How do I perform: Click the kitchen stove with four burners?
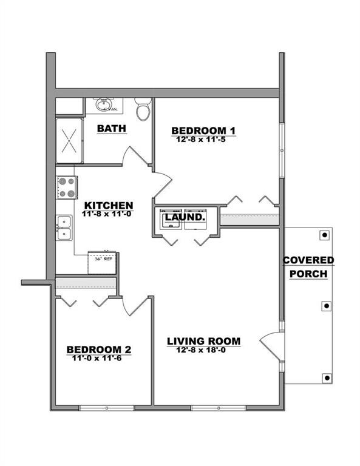click(66, 187)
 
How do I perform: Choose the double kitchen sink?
click(64, 228)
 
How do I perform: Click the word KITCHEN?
click(109, 205)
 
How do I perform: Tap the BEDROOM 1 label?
click(203, 130)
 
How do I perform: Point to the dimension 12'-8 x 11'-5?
click(203, 140)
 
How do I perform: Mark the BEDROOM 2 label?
click(99, 349)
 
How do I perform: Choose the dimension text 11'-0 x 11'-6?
click(99, 359)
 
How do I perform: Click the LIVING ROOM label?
click(204, 341)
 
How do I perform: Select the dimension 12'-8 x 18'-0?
click(204, 350)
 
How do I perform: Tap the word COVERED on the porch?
click(308, 260)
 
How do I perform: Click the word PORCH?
click(308, 274)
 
